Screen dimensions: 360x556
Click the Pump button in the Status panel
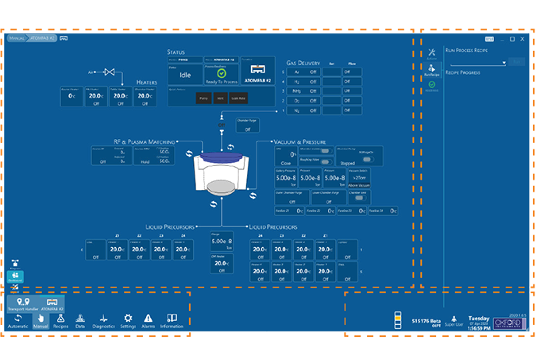click(x=202, y=98)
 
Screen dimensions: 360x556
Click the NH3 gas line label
click(x=298, y=91)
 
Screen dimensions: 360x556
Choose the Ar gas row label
click(x=298, y=71)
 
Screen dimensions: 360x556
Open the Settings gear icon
click(x=128, y=319)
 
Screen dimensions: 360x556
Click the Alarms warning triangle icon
click(x=148, y=319)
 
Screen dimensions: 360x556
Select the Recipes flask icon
click(x=60, y=319)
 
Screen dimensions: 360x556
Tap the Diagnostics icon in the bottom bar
click(x=103, y=319)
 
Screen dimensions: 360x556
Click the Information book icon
click(x=172, y=319)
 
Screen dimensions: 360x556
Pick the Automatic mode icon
click(x=17, y=319)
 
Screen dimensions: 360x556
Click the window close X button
click(x=524, y=37)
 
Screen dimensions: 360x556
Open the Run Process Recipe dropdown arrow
click(x=505, y=61)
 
